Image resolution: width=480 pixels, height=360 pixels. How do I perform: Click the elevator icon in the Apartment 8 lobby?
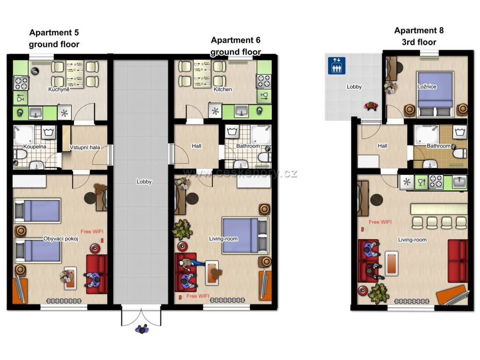(337, 66)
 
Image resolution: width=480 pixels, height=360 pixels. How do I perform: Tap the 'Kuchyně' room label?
(59, 90)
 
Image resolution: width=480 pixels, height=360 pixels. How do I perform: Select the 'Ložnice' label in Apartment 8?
(427, 87)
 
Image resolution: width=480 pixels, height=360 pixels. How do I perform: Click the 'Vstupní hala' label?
(85, 147)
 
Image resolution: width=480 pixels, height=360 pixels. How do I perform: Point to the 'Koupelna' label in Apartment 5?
(35, 147)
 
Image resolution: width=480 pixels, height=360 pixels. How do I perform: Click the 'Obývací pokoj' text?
(60, 239)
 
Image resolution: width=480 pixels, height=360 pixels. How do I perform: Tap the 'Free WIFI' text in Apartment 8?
(380, 222)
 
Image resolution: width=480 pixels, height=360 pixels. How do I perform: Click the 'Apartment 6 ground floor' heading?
(235, 46)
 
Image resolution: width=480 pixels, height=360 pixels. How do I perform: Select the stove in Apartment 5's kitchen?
(21, 83)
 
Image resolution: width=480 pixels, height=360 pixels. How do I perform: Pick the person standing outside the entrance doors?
(142, 330)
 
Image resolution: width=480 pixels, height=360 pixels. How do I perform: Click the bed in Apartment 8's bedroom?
(435, 94)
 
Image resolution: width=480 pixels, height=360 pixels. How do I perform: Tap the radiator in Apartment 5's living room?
(64, 301)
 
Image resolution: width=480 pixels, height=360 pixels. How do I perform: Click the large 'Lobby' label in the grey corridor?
(144, 181)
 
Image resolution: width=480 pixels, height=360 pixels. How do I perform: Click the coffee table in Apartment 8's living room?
(391, 263)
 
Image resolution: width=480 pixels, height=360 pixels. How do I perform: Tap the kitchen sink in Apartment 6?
(241, 111)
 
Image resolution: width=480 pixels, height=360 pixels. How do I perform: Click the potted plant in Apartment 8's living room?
(379, 293)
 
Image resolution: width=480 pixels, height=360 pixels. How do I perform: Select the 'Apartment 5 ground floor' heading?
(54, 38)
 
